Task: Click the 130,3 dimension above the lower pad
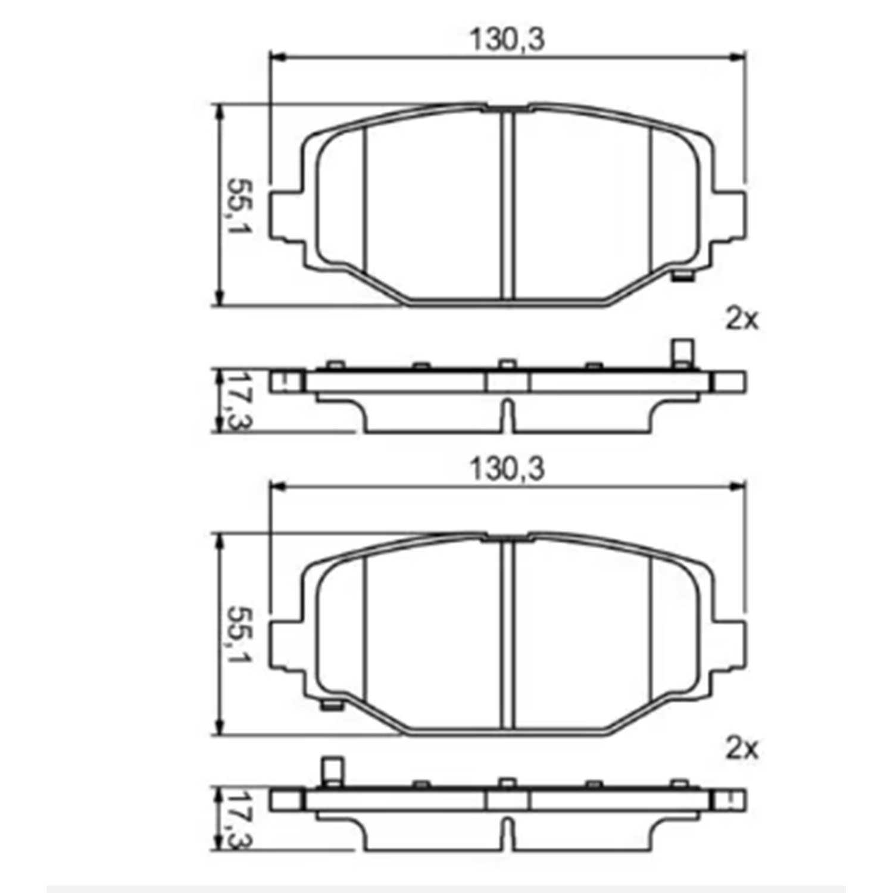click(507, 469)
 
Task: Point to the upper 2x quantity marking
click(742, 320)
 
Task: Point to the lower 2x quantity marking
click(742, 749)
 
